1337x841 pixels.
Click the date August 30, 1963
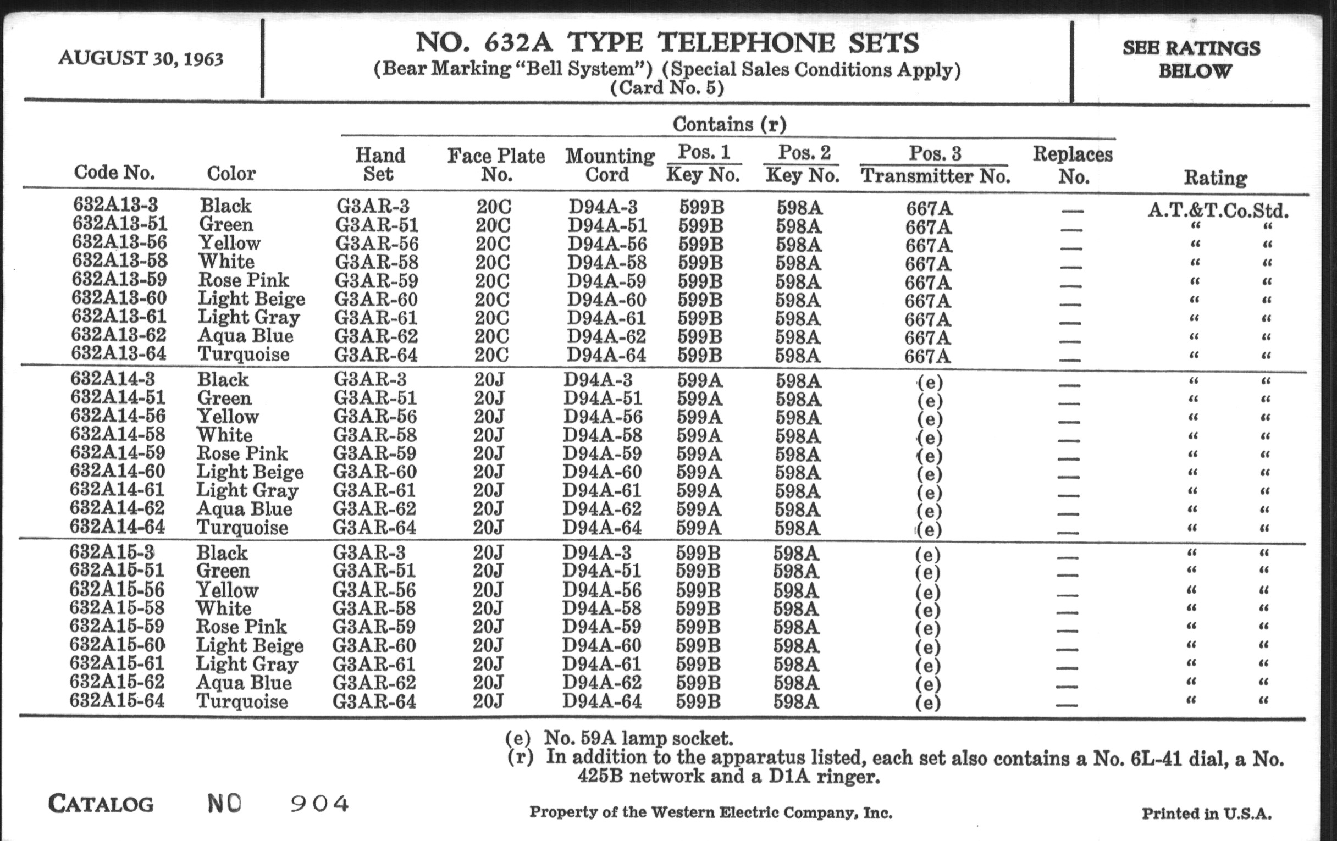[x=141, y=58]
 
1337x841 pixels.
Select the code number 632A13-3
[x=115, y=204]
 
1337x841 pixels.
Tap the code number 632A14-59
[x=118, y=452]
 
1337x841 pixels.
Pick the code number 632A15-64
[x=117, y=700]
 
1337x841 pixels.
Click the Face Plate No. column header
[x=496, y=165]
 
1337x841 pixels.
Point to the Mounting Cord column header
[x=610, y=165]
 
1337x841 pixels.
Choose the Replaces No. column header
[x=1072, y=165]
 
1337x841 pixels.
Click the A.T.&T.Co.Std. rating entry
[x=1218, y=211]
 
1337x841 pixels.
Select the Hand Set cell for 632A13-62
[x=376, y=336]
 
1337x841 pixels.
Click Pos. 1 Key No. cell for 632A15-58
[x=698, y=608]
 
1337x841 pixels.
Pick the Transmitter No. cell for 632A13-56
[x=929, y=245]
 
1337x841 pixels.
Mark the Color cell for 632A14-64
[x=242, y=527]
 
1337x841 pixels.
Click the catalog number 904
[x=320, y=803]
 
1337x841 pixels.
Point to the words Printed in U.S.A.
[x=1206, y=814]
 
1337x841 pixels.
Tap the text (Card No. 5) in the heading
[x=667, y=88]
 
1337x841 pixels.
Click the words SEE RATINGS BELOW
[x=1191, y=59]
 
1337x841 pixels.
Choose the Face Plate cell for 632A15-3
[x=488, y=553]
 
